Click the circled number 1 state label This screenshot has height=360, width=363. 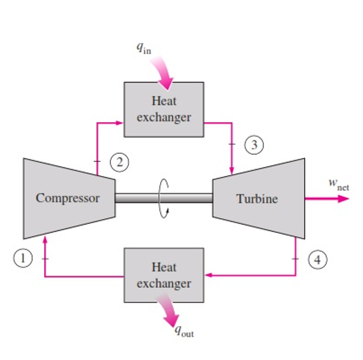coord(24,257)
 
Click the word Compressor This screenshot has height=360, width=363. coord(67,198)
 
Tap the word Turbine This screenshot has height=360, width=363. coord(257,199)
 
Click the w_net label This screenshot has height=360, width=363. coord(338,184)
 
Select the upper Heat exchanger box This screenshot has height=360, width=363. coord(163,108)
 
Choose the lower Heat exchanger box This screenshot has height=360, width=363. coord(163,275)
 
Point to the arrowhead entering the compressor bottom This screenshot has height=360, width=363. coord(45,239)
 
